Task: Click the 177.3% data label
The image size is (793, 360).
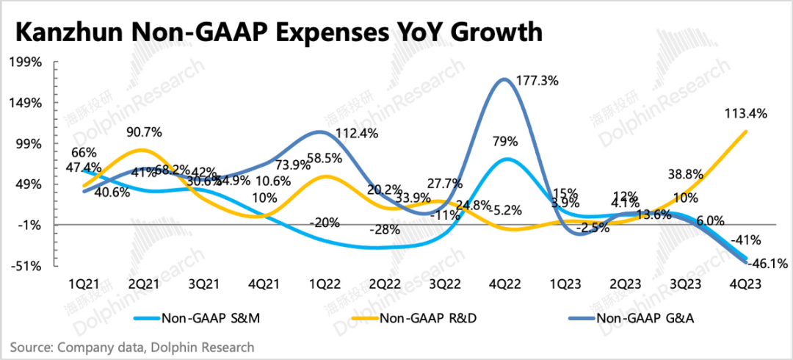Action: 543,79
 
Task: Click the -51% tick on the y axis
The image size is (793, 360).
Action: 26,266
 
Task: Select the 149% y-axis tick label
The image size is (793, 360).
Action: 26,103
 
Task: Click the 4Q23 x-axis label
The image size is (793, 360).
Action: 746,284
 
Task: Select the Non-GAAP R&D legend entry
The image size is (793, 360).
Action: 421,318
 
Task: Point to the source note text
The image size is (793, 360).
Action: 132,347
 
